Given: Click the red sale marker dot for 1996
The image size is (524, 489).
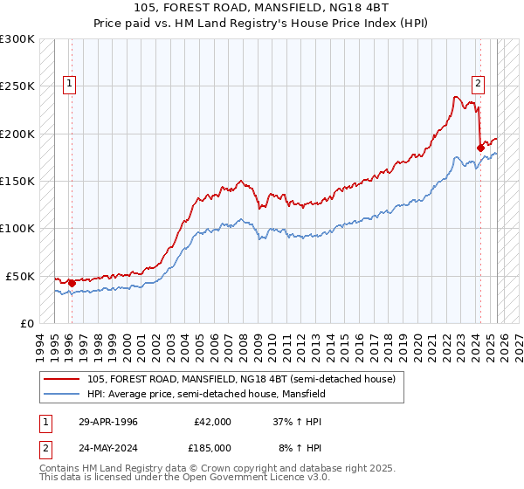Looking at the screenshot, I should tap(72, 283).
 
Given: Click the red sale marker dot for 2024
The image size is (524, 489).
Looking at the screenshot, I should tap(480, 148).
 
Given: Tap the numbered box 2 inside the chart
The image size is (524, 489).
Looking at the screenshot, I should tap(479, 84).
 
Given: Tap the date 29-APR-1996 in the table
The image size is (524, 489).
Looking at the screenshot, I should tap(107, 422).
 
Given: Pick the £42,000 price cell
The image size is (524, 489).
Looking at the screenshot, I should tap(212, 422).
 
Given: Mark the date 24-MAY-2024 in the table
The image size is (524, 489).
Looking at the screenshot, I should tap(108, 447).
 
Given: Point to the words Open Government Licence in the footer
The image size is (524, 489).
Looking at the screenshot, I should tap(253, 479).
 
